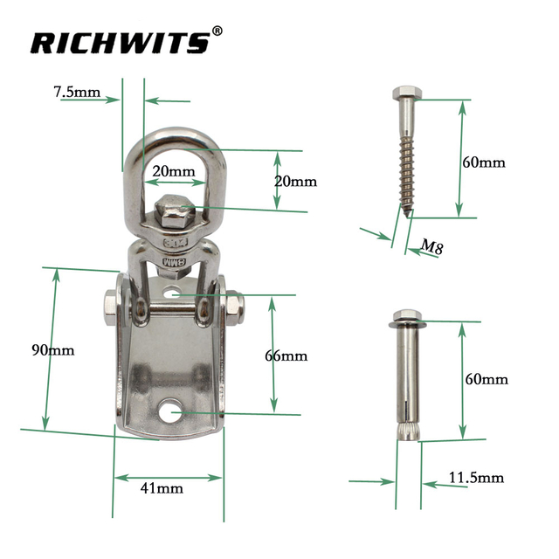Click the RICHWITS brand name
tap(120, 42)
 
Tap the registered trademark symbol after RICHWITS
tap(218, 33)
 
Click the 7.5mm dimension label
tap(76, 92)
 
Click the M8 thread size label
tap(429, 247)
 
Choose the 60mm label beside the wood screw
tap(484, 162)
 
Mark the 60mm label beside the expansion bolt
tap(486, 379)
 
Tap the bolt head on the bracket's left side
tap(108, 307)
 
